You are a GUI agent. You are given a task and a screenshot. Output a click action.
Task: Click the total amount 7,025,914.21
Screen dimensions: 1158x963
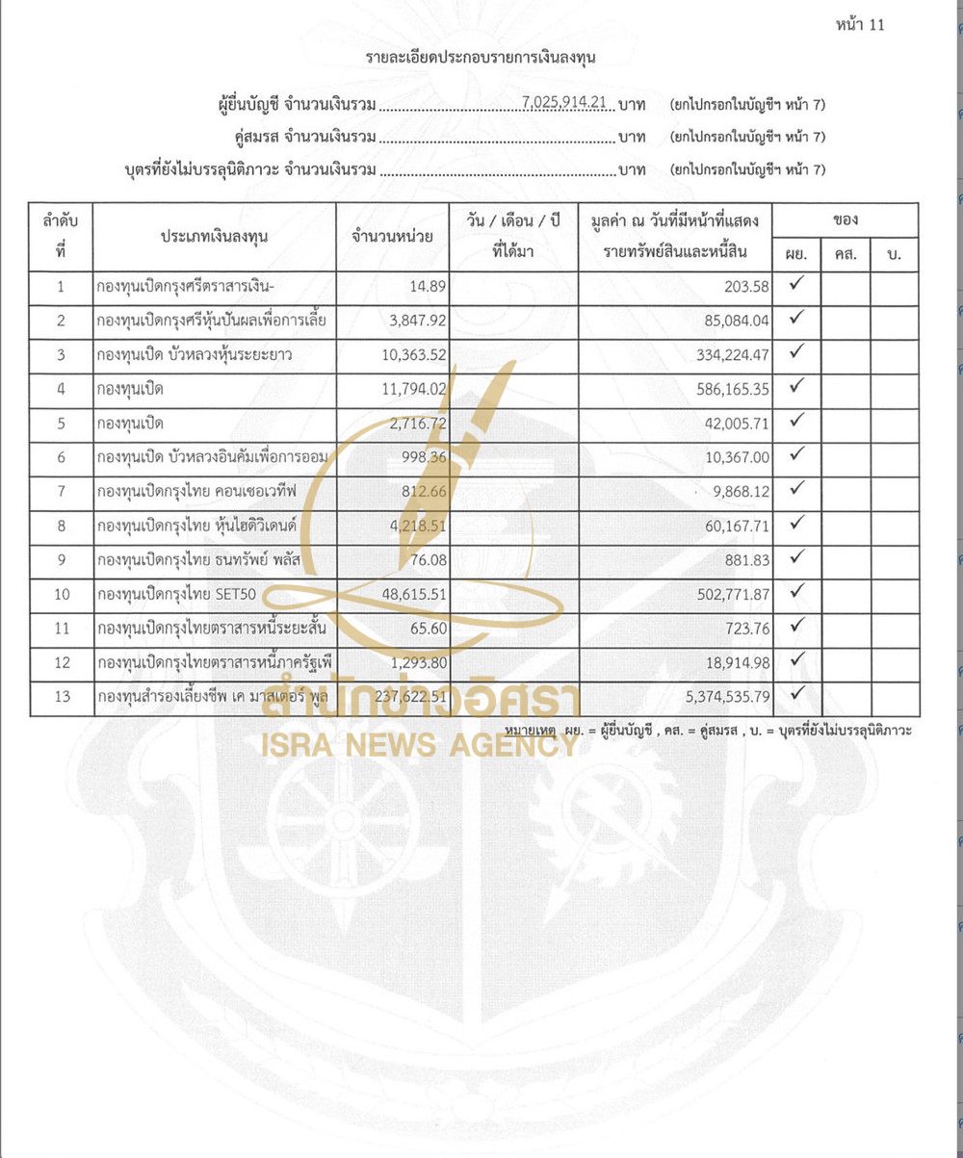pyautogui.click(x=568, y=103)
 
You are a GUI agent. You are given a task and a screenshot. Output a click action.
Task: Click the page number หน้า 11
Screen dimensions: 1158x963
pyautogui.click(x=860, y=25)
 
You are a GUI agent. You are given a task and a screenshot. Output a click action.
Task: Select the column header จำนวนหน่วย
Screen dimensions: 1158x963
pyautogui.click(x=392, y=236)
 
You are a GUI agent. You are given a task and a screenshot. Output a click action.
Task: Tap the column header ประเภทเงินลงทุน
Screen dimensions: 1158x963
pyautogui.click(x=214, y=236)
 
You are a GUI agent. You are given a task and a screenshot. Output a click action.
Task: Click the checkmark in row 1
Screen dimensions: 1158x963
pyautogui.click(x=796, y=285)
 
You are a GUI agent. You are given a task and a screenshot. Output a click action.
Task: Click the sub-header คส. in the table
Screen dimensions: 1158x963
pyautogui.click(x=846, y=255)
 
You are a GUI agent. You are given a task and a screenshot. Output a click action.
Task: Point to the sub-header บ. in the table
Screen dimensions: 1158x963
pyautogui.click(x=894, y=255)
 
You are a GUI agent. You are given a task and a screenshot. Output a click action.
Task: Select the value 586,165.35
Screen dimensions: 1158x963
pyautogui.click(x=727, y=390)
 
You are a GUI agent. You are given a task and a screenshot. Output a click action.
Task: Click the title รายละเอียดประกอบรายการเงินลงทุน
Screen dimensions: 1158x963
pyautogui.click(x=481, y=58)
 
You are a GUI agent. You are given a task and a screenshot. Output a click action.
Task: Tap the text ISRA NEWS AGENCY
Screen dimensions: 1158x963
pyautogui.click(x=419, y=744)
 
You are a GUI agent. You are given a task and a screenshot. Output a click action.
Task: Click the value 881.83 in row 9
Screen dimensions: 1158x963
pyautogui.click(x=744, y=560)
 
